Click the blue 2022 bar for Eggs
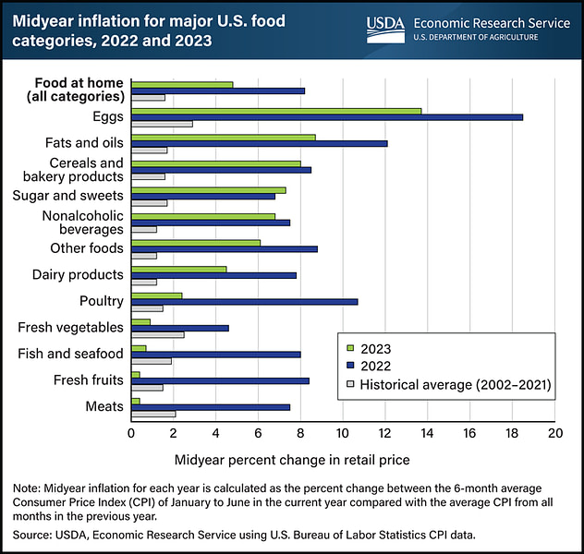point(327,117)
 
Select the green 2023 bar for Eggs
point(276,111)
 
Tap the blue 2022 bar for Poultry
point(244,301)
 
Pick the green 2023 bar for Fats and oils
point(224,138)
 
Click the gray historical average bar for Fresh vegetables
point(158,333)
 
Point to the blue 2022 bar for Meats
point(211,406)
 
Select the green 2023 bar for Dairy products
point(179,270)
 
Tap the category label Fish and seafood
point(70,354)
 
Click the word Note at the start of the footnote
point(25,488)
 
